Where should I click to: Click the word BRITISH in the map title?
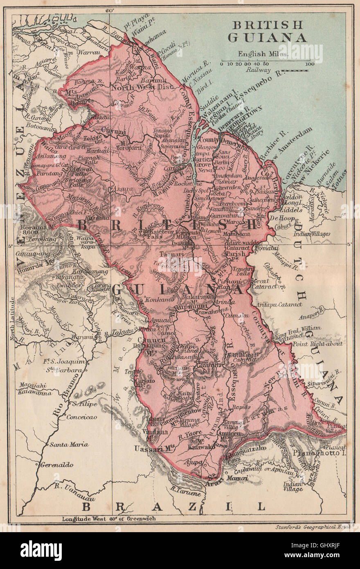point(268,24)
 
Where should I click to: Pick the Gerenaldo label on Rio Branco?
point(57,465)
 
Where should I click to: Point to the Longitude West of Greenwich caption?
point(109,519)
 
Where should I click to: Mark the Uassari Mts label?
point(153,449)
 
